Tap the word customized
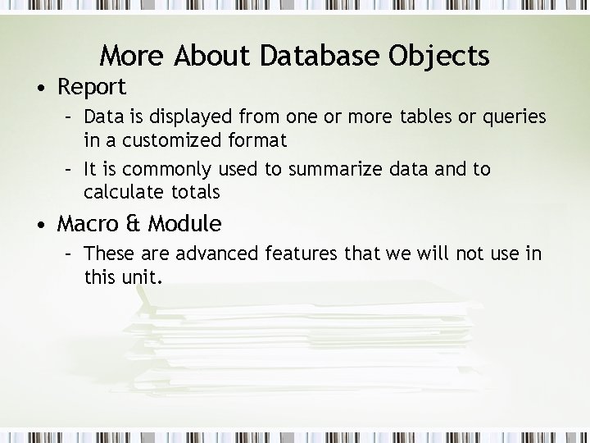173,140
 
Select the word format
258,140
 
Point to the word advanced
216,253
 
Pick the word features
305,253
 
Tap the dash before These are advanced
70,253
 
